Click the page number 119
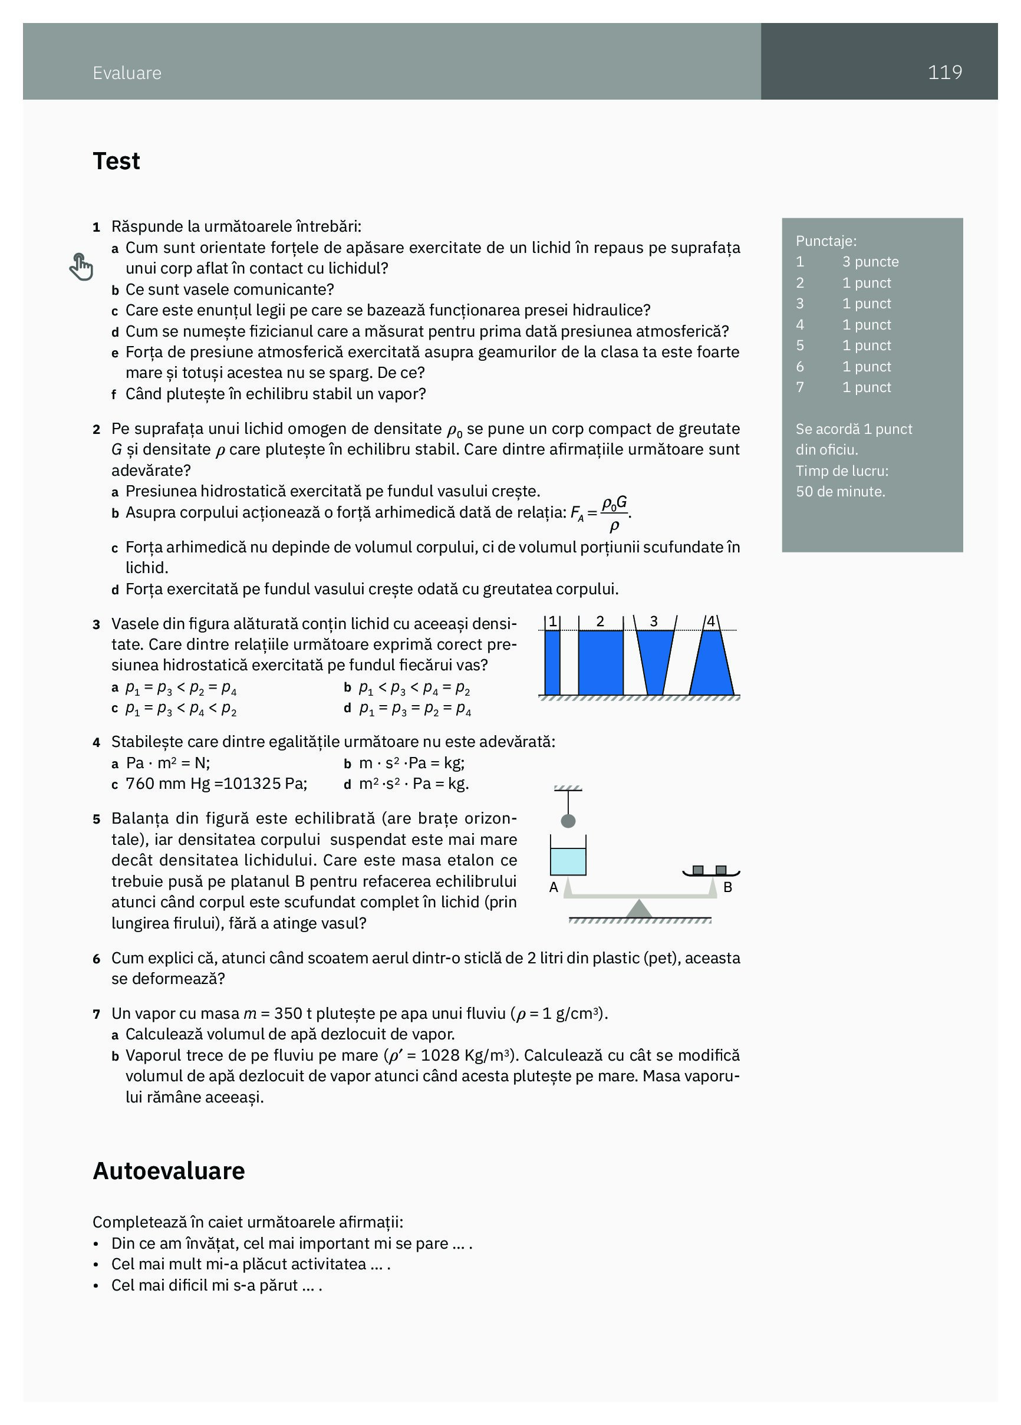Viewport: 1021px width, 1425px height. [944, 73]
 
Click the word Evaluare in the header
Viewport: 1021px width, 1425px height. [127, 73]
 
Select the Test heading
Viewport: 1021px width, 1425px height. [116, 161]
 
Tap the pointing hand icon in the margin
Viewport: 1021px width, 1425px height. [81, 267]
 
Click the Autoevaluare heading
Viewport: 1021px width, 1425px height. [169, 1170]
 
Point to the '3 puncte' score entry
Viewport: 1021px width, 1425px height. [870, 261]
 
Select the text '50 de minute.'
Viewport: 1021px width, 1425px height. [840, 491]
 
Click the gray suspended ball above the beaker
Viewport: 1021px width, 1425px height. [568, 821]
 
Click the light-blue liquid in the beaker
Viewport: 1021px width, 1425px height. [568, 861]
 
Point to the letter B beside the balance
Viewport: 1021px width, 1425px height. [727, 887]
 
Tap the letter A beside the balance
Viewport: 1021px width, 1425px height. [554, 887]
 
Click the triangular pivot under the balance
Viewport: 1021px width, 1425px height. [639, 909]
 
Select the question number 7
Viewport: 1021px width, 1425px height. [96, 1014]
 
